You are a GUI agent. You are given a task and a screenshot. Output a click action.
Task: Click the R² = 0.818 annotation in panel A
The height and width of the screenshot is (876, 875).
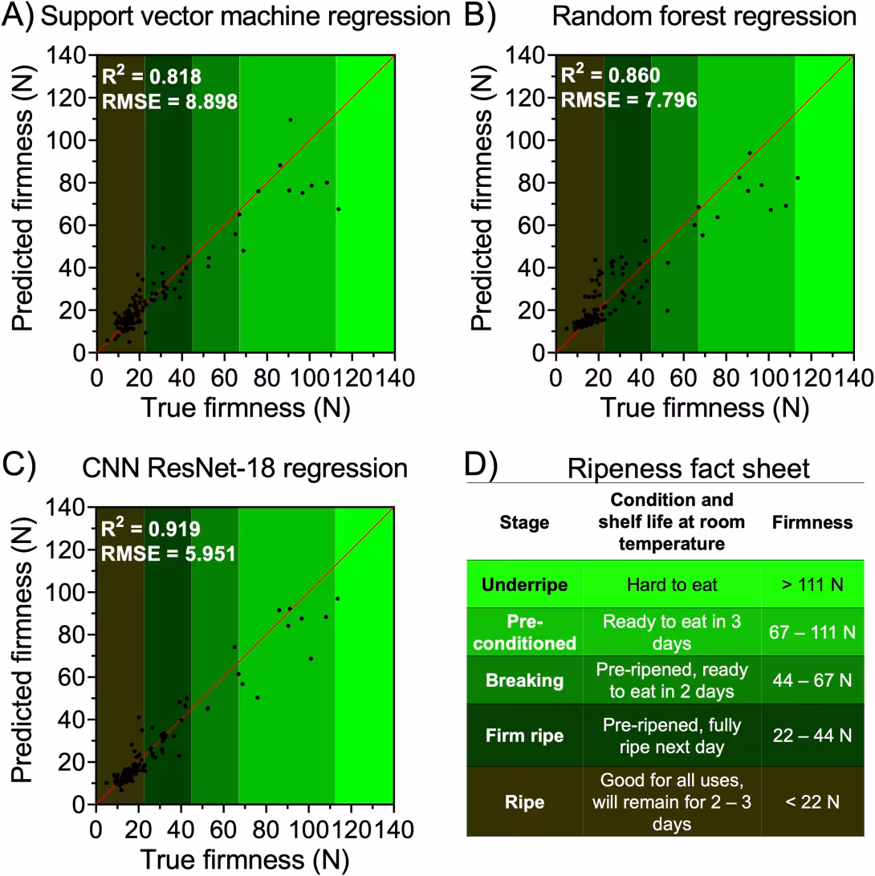[151, 77]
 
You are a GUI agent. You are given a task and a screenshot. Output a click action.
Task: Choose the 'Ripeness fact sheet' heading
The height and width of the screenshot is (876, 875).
[689, 468]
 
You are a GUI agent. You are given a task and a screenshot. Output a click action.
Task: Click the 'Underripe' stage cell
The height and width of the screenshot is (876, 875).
[525, 585]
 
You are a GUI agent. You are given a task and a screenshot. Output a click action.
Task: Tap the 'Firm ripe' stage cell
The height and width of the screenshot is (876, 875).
[525, 735]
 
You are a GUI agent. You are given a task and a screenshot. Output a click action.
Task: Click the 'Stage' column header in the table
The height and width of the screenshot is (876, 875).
[525, 523]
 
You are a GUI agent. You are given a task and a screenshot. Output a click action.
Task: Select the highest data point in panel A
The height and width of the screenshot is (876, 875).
[290, 120]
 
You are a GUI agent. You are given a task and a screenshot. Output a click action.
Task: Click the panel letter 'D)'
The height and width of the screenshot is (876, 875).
[482, 467]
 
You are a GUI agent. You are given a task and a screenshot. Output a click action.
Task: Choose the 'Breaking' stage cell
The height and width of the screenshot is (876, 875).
[525, 680]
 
